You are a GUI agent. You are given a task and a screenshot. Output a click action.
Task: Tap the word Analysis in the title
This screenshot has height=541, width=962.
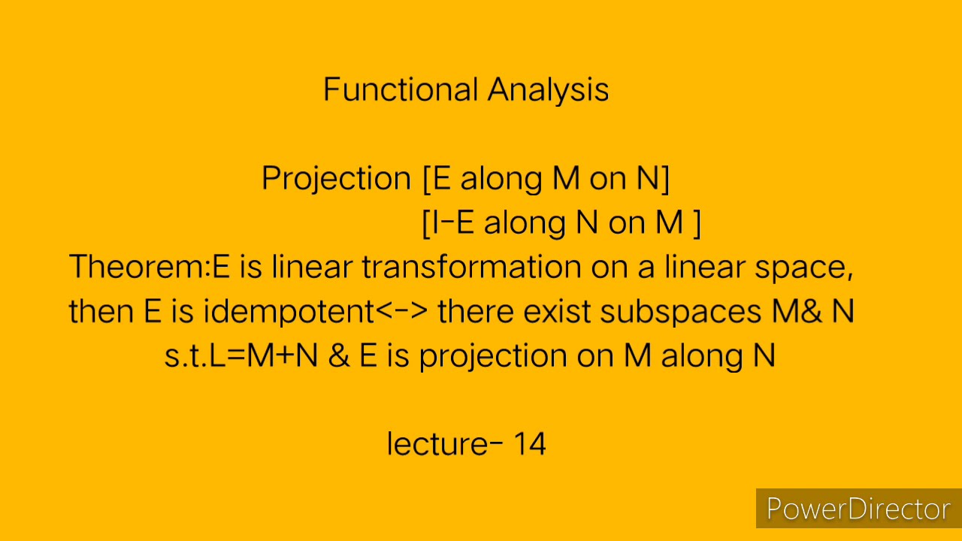point(548,89)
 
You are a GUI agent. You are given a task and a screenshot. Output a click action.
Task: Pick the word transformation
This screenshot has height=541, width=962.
point(471,267)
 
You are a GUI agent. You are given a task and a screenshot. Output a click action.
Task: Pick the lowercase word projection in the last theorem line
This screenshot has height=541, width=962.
point(493,355)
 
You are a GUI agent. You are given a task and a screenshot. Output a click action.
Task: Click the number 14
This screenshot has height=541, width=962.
point(529,444)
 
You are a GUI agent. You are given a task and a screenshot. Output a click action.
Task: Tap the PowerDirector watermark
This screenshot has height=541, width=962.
point(858,509)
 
